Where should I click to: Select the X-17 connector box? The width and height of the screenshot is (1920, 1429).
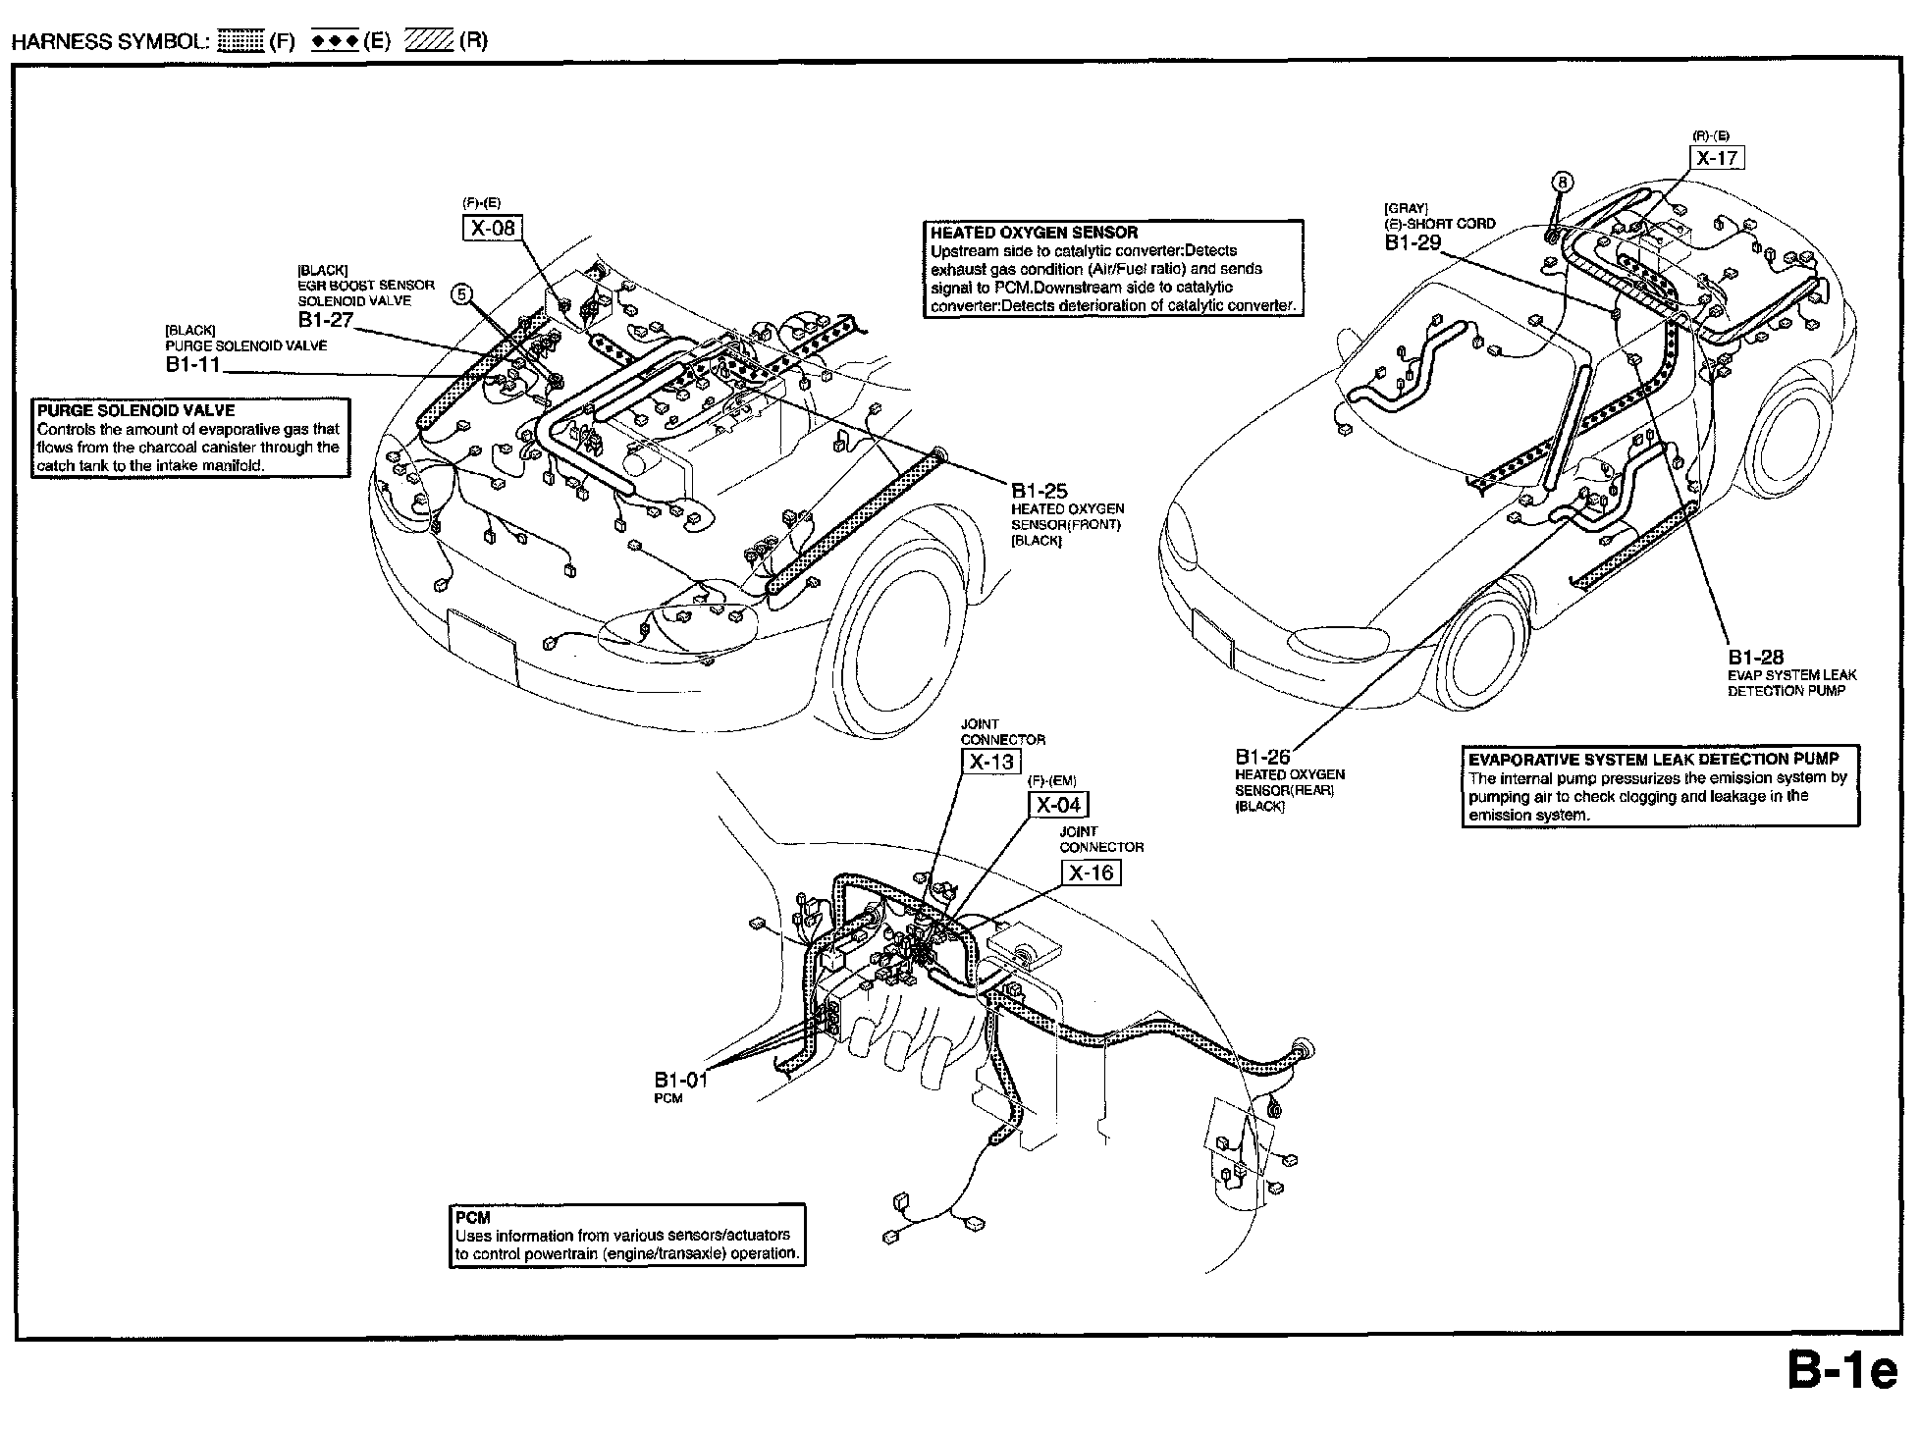[x=1717, y=158]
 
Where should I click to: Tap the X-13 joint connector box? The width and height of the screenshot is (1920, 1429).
[x=990, y=762]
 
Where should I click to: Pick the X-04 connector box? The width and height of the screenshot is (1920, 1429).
[x=1058, y=806]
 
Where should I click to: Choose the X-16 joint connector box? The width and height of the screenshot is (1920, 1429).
[x=1091, y=873]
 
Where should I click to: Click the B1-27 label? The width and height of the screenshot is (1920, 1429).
[x=325, y=320]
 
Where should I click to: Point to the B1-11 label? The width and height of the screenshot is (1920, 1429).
[x=192, y=365]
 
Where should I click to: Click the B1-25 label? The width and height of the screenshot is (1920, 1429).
[x=1039, y=491]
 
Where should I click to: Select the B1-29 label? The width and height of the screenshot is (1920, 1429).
[x=1412, y=241]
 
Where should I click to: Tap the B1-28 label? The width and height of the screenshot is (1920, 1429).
[x=1756, y=657]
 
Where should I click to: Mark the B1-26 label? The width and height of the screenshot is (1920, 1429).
[x=1262, y=757]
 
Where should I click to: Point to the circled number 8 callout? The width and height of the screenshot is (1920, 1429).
[x=1563, y=182]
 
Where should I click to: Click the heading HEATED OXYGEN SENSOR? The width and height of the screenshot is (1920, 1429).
[x=1034, y=233]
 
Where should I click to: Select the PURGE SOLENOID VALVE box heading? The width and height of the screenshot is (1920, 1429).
[x=136, y=410]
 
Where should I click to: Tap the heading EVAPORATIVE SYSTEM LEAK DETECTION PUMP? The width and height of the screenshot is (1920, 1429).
[x=1653, y=759]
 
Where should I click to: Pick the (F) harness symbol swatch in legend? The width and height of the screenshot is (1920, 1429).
[x=240, y=41]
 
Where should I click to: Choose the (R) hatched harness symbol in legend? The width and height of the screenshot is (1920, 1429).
[x=429, y=41]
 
